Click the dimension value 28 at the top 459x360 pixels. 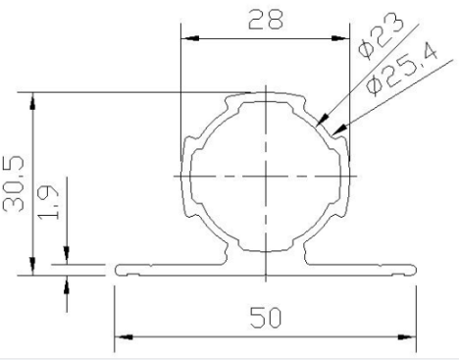point(266,20)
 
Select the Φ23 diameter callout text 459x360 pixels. point(382,36)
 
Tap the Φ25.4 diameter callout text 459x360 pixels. point(402,70)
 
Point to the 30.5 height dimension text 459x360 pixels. point(14,183)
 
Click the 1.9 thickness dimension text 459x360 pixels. point(48,202)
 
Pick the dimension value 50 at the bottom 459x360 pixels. point(266,317)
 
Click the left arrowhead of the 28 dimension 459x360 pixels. point(190,38)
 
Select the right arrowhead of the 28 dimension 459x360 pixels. point(340,38)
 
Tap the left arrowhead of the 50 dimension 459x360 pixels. point(124,336)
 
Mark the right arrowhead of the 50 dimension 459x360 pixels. point(407,336)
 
